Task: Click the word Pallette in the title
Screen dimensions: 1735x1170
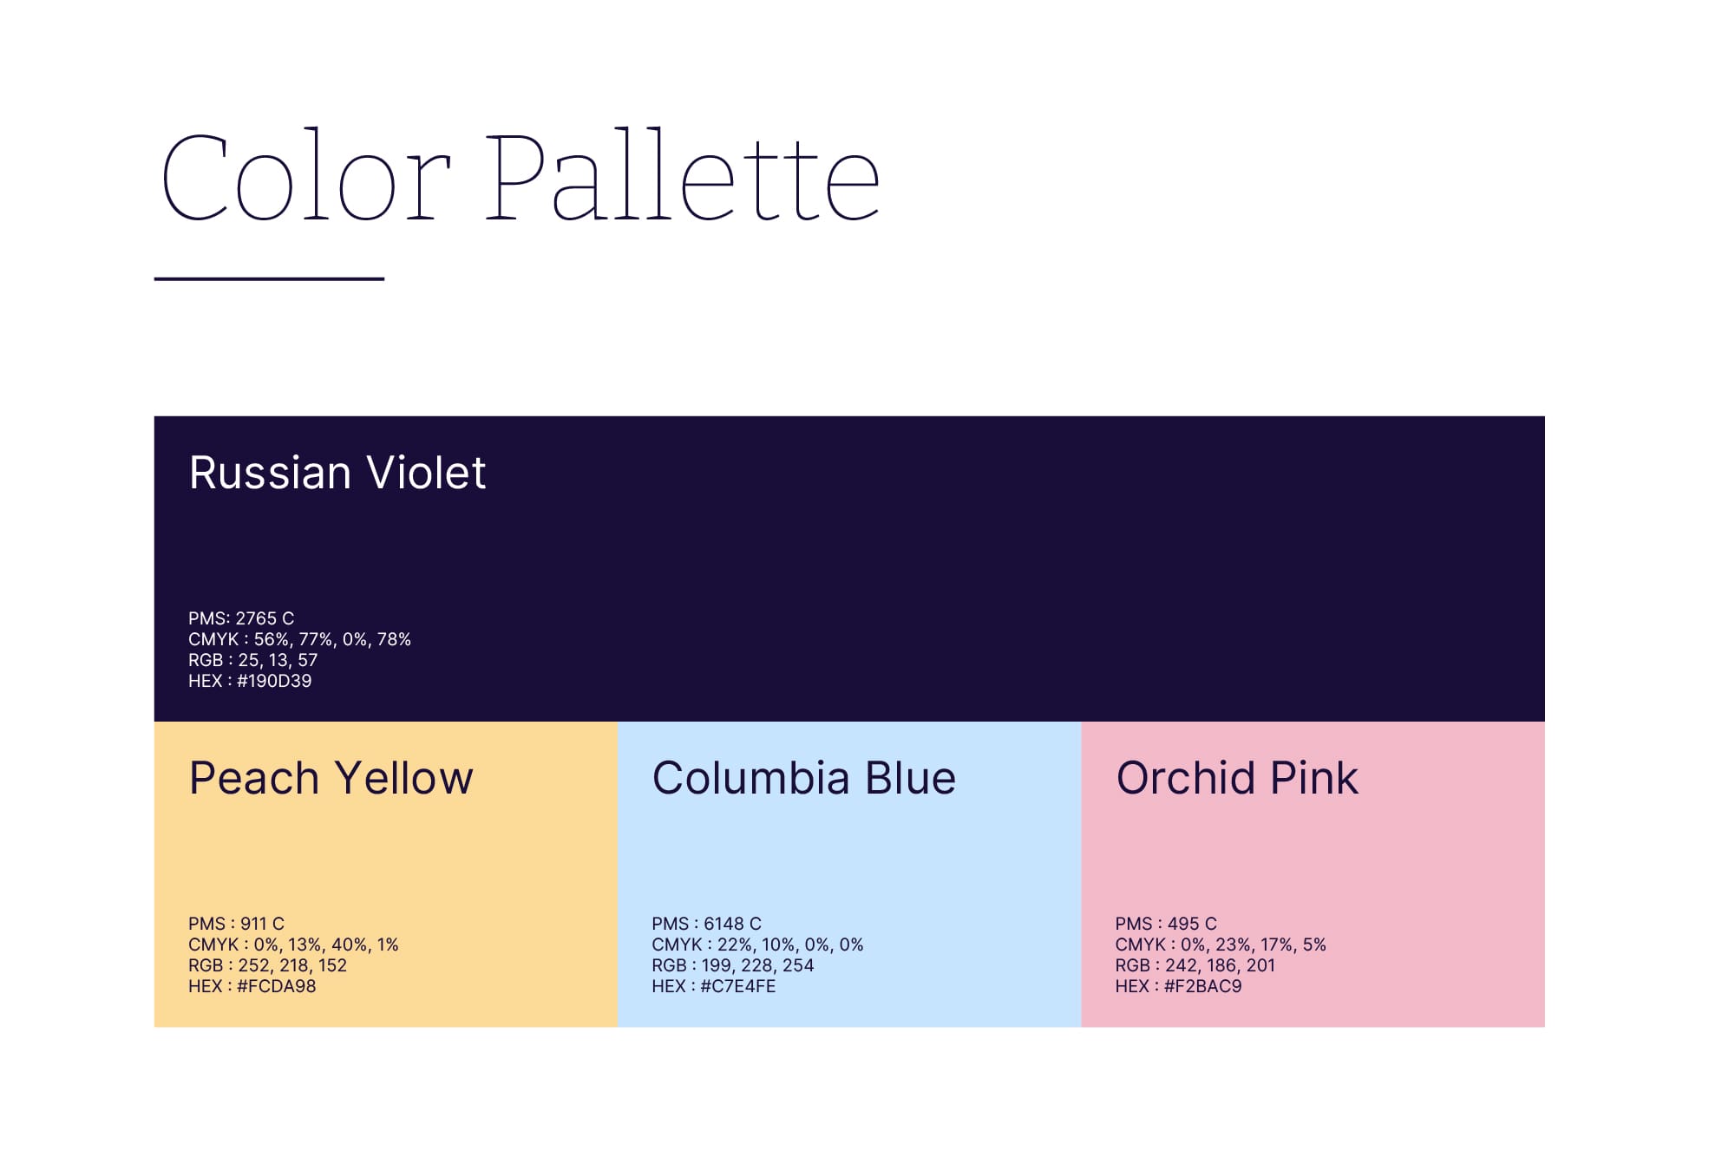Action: click(683, 176)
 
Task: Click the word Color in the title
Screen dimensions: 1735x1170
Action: click(306, 176)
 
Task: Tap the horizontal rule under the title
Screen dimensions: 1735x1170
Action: click(269, 278)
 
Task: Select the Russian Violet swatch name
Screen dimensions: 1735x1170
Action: click(337, 473)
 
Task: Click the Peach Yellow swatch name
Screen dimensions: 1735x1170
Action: click(331, 778)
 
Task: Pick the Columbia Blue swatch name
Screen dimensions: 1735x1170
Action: click(804, 778)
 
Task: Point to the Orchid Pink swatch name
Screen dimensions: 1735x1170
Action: click(1237, 778)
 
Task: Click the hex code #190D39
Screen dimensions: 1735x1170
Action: click(274, 681)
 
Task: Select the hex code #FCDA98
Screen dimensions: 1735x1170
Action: click(277, 986)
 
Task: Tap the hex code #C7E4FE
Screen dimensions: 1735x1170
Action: click(738, 986)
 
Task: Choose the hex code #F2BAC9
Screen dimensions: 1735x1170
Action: click(1203, 986)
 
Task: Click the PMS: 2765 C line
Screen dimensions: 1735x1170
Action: click(241, 618)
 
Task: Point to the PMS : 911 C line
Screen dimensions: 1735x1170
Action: click(236, 924)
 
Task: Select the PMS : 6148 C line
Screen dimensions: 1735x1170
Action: click(707, 924)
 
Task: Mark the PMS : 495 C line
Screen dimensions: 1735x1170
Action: click(1166, 924)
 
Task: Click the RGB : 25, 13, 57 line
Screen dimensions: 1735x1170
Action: click(253, 660)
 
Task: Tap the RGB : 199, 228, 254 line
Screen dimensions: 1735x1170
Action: click(733, 965)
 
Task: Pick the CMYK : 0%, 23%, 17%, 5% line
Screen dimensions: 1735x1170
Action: click(1221, 944)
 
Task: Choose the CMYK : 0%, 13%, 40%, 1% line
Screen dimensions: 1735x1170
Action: click(293, 944)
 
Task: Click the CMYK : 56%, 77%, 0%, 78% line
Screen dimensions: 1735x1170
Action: click(299, 639)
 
